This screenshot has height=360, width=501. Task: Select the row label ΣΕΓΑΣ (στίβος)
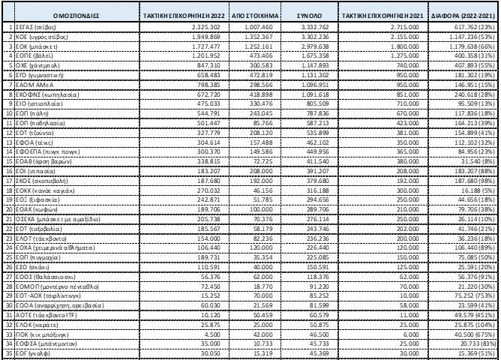pos(34,26)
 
